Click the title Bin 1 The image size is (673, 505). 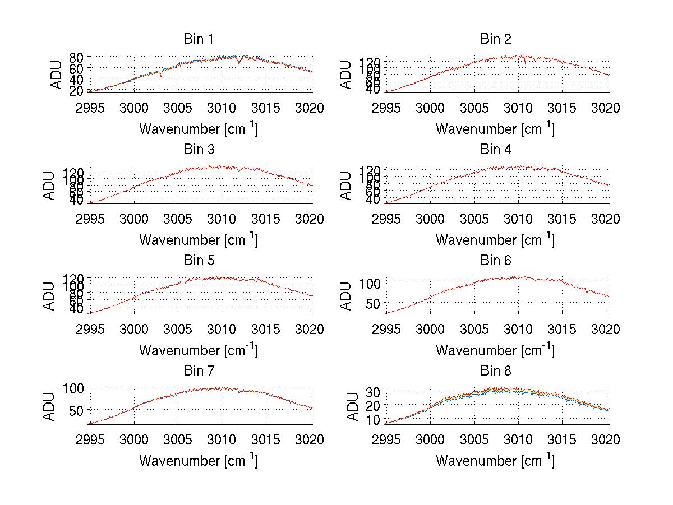pos(199,39)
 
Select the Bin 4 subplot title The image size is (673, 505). pos(495,150)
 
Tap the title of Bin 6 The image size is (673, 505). pos(495,261)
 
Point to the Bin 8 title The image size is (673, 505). pos(495,371)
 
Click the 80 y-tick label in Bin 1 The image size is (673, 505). pos(77,57)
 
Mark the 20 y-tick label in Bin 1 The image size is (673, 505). pos(77,90)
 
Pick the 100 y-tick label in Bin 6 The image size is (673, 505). pos(371,283)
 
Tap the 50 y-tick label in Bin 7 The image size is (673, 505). pos(77,410)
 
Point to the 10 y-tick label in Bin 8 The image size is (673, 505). pos(374,419)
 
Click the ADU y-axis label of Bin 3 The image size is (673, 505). pos(57,185)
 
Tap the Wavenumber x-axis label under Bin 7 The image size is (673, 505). pos(199,460)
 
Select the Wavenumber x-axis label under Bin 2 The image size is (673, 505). pos(495,128)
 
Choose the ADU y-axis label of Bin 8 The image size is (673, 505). pos(354,406)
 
